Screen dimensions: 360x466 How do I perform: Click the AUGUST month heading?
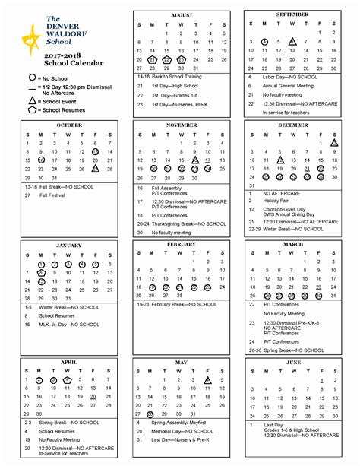coord(182,15)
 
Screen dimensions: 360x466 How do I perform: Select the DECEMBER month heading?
coord(292,125)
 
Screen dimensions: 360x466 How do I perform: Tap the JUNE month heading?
coord(292,362)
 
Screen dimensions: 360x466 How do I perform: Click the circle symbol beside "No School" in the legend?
coord(32,78)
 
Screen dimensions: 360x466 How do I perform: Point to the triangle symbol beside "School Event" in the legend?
coord(32,100)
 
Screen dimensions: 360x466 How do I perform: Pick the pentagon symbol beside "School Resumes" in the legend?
coord(32,110)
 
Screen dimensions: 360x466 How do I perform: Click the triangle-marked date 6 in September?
coord(292,42)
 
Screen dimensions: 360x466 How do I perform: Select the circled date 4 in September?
coord(264,42)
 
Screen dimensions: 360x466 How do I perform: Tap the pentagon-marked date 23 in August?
coord(182,59)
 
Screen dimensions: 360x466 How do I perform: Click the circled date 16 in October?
coord(40,160)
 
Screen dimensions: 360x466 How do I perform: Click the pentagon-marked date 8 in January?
coord(40,272)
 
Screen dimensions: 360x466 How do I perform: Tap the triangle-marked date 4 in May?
coord(208,379)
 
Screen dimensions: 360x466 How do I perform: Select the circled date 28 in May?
coord(152,414)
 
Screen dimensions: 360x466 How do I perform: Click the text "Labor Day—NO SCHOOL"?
coord(284,77)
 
